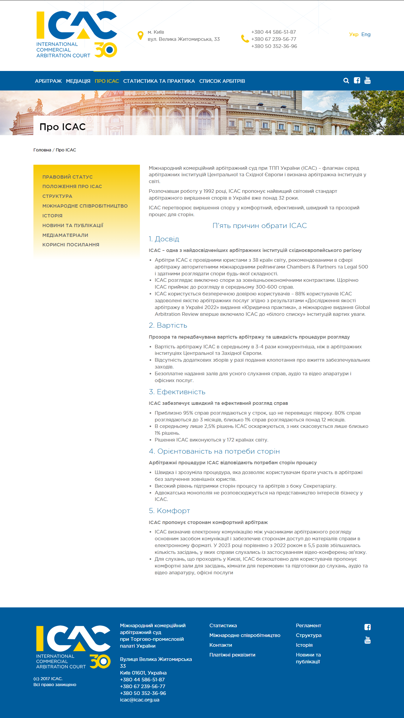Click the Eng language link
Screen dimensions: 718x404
point(366,34)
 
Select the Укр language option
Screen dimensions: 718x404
point(354,34)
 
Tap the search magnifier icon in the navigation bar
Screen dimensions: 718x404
point(346,80)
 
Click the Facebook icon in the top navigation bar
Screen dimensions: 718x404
point(357,80)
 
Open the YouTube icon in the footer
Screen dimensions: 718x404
point(368,640)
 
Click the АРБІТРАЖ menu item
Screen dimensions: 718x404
point(48,81)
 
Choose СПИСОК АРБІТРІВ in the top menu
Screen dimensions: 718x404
point(222,81)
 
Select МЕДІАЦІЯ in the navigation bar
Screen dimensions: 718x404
point(78,81)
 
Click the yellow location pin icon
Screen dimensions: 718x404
point(140,35)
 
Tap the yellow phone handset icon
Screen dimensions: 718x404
point(245,39)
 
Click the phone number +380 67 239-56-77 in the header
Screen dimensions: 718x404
point(274,39)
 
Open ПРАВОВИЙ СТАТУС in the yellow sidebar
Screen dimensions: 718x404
point(67,177)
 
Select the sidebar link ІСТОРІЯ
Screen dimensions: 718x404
point(52,216)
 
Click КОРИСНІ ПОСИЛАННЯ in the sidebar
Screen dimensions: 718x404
point(71,245)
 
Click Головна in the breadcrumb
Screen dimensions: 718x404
point(42,150)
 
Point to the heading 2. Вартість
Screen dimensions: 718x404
point(168,325)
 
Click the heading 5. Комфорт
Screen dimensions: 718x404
point(169,511)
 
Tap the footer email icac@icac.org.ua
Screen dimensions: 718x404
point(140,700)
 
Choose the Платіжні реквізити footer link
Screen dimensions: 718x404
point(232,655)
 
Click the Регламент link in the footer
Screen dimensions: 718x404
point(308,625)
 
